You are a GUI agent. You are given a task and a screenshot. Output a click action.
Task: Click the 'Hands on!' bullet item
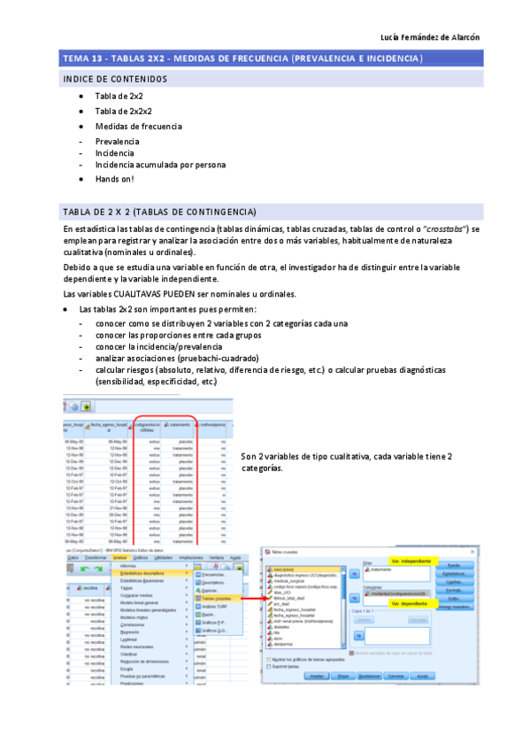pyautogui.click(x=114, y=179)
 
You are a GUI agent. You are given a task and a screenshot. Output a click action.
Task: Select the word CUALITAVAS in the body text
pyautogui.click(x=137, y=294)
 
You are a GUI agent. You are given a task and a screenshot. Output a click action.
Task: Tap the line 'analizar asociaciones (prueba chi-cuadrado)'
pyautogui.click(x=172, y=358)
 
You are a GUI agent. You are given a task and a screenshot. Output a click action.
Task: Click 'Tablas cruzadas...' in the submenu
pyautogui.click(x=214, y=599)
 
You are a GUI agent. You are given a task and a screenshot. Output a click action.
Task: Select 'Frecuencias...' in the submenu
pyautogui.click(x=212, y=574)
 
